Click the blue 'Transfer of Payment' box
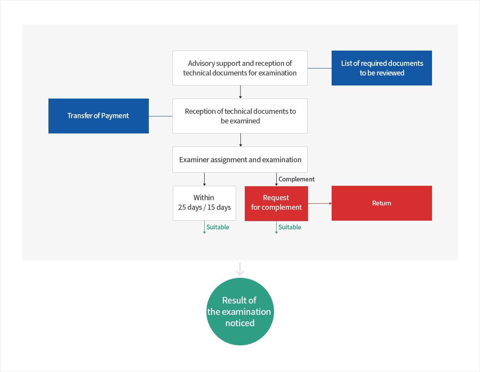click(x=98, y=116)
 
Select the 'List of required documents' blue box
click(x=381, y=68)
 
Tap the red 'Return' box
click(x=381, y=203)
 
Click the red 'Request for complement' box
click(x=276, y=203)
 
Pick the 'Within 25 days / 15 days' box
click(x=204, y=203)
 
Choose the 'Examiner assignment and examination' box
click(x=240, y=160)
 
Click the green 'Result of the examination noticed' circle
click(x=240, y=311)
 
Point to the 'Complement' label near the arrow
click(x=296, y=179)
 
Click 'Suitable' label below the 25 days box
click(x=217, y=227)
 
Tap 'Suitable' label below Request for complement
click(x=290, y=227)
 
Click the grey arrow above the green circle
click(x=240, y=269)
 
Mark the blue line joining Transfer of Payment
click(x=161, y=116)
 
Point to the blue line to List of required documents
click(x=319, y=68)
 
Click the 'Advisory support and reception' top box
click(x=240, y=68)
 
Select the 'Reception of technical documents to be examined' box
click(x=240, y=116)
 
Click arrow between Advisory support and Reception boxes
click(x=240, y=92)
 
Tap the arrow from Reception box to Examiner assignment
click(x=240, y=140)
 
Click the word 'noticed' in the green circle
click(x=240, y=323)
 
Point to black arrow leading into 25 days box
click(x=204, y=179)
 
